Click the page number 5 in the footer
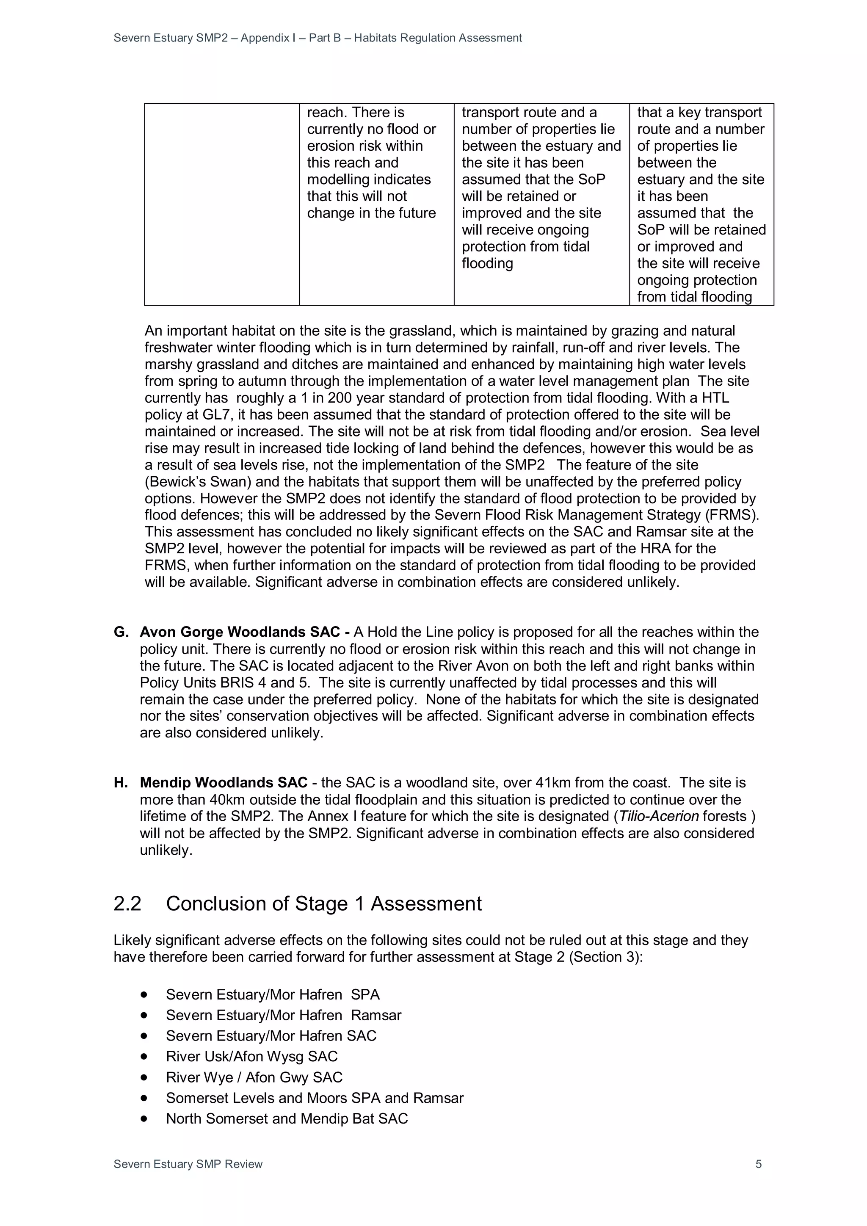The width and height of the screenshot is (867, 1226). (x=758, y=1164)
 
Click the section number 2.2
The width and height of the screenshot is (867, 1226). (x=127, y=903)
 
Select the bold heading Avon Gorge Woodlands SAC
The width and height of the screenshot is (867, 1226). (x=240, y=632)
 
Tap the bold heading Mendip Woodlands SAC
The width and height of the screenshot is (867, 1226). (x=223, y=783)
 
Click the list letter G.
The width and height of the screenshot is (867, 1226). (x=121, y=632)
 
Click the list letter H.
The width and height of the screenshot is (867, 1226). (x=121, y=783)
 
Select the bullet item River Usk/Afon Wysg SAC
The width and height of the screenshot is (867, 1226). (x=251, y=1056)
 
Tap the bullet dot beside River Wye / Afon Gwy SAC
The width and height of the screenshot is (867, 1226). (x=144, y=1077)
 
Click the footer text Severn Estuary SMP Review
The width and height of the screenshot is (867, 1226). (x=188, y=1164)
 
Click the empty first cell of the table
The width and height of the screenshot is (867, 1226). (x=221, y=204)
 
